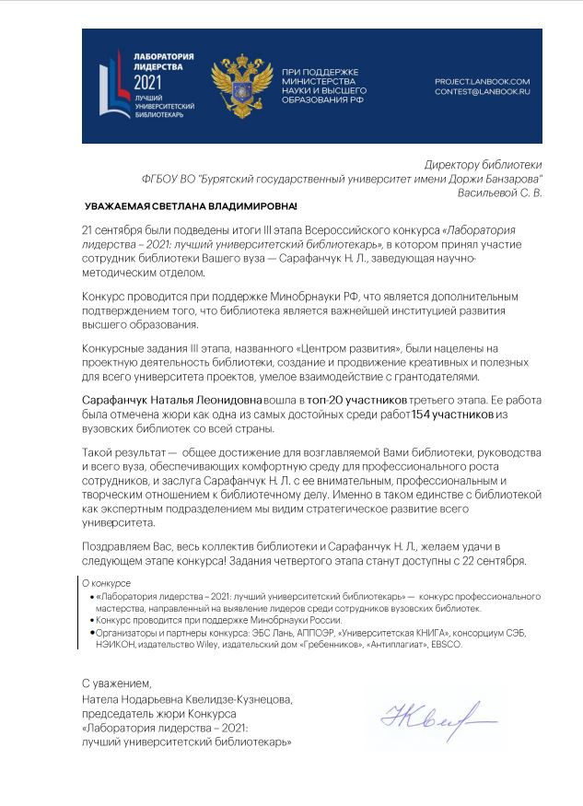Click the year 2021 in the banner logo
pos(145,80)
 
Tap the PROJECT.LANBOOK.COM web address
pos(482,81)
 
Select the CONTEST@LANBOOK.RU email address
pos(482,92)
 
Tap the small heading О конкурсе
pos(107,583)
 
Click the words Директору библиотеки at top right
pos(483,163)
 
